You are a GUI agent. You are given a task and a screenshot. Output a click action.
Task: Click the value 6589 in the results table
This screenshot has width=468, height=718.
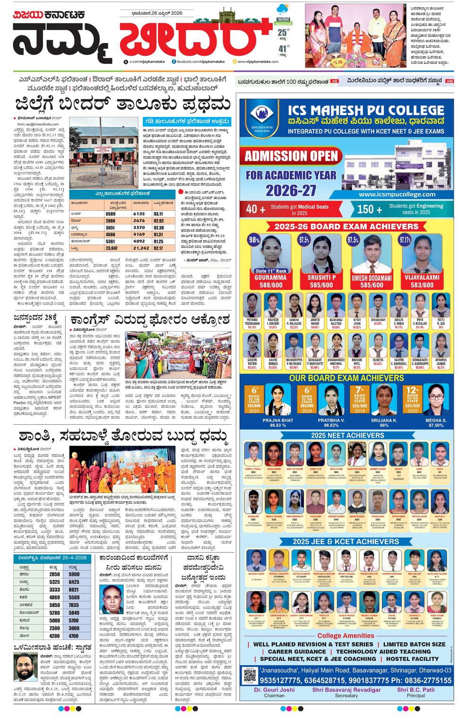pyautogui.click(x=110, y=214)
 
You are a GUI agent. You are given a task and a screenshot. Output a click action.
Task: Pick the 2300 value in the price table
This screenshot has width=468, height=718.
pyautogui.click(x=54, y=628)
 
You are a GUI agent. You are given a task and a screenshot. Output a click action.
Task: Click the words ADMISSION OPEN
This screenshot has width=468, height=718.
pyautogui.click(x=291, y=156)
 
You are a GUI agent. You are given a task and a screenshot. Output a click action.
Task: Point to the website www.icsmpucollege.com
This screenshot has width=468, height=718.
pyautogui.click(x=397, y=194)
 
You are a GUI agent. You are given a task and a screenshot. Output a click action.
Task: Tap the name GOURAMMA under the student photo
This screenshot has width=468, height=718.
pyautogui.click(x=271, y=278)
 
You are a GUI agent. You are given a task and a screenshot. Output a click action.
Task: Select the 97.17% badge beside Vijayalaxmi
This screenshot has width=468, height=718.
pyautogui.click(x=405, y=240)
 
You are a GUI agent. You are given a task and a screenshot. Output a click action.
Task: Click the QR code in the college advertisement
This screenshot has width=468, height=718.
pyautogui.click(x=250, y=676)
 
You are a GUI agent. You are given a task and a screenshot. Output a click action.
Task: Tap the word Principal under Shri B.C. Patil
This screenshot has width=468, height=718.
pyautogui.click(x=415, y=695)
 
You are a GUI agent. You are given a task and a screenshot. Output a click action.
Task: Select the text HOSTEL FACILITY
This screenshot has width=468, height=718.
pyautogui.click(x=412, y=659)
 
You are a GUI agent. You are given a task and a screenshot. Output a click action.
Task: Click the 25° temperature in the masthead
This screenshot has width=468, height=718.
pyautogui.click(x=283, y=33)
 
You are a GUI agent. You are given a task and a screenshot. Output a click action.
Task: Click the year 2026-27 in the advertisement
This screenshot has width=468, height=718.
pyautogui.click(x=290, y=190)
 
